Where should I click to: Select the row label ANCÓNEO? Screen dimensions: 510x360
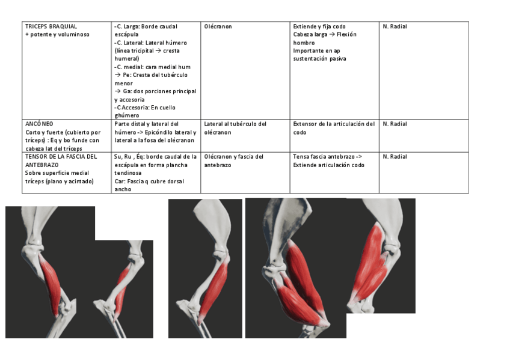(39, 124)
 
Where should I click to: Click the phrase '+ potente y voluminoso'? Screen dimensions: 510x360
(57, 34)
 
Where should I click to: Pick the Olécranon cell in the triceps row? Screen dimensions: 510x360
(218, 26)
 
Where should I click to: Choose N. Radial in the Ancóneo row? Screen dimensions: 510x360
(395, 124)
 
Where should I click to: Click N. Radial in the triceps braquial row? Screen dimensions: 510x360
(395, 26)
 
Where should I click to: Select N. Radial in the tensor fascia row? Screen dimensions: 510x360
(395, 156)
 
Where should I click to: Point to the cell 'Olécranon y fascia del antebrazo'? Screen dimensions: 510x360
(234, 160)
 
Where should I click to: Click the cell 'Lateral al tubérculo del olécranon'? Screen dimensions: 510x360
(235, 128)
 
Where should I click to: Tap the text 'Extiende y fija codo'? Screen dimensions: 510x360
(319, 26)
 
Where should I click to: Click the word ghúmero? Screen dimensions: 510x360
(127, 115)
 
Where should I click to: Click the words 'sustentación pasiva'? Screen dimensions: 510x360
(319, 59)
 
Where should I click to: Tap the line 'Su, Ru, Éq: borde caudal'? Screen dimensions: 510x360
(155, 156)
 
